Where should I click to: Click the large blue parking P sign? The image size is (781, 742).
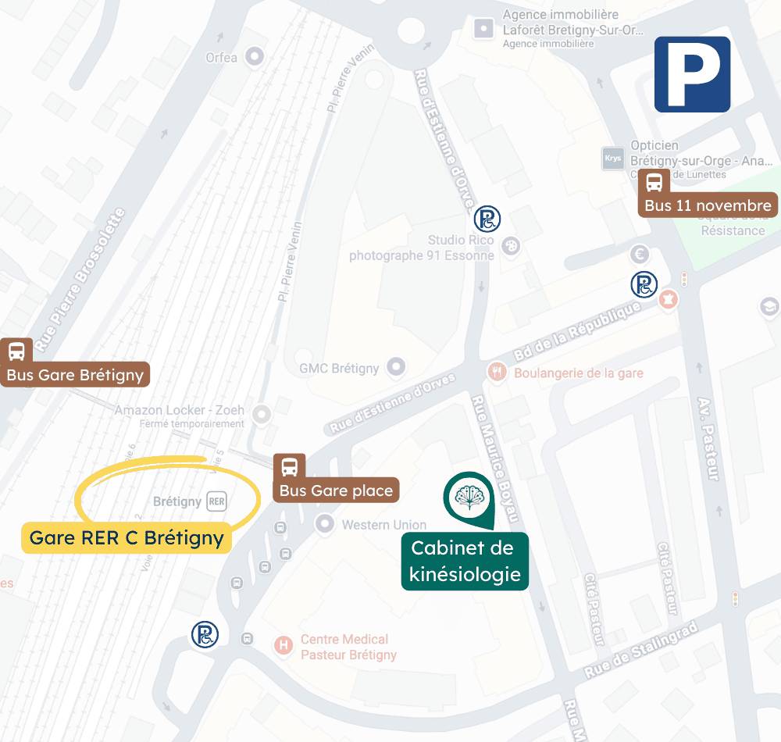click(x=692, y=74)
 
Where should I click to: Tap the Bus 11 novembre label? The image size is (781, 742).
click(x=708, y=205)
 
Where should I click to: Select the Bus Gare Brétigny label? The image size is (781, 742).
click(x=75, y=374)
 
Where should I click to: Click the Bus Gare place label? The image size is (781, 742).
click(x=336, y=491)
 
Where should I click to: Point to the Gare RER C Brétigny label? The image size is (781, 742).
click(x=127, y=537)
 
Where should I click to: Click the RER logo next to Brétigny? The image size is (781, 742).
click(x=216, y=501)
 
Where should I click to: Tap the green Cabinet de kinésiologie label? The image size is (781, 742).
click(x=465, y=562)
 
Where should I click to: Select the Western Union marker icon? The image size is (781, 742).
click(x=324, y=524)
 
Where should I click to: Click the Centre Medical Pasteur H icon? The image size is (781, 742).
click(x=283, y=645)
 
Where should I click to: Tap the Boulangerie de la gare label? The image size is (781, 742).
click(x=578, y=373)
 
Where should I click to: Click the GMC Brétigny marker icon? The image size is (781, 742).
click(x=397, y=366)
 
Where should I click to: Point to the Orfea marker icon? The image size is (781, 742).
click(x=254, y=56)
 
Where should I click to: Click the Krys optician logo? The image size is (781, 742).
click(x=613, y=158)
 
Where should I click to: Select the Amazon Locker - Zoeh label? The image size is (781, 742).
click(x=180, y=410)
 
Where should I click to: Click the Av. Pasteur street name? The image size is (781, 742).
click(x=707, y=437)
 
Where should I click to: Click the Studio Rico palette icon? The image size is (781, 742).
click(x=512, y=245)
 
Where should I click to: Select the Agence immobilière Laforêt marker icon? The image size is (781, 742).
click(x=484, y=30)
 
